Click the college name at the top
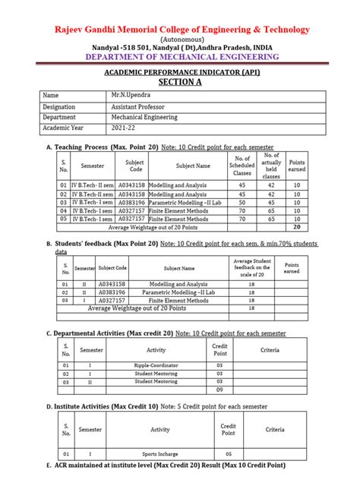180,29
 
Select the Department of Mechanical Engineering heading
180,56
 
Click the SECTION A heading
180,81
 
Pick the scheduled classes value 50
242,203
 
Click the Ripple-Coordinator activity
156,365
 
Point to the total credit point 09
219,390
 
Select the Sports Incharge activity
160,454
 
